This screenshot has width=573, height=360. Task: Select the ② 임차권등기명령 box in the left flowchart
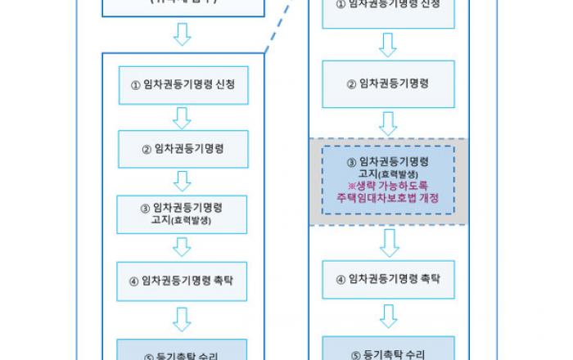pos(183,150)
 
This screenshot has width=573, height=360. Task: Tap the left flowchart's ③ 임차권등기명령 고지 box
pos(183,214)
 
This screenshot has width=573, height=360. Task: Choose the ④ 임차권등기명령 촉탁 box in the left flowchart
pos(183,279)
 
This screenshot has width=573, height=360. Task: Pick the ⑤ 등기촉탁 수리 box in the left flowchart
pos(183,349)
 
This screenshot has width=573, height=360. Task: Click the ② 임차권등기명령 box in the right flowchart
pos(388,83)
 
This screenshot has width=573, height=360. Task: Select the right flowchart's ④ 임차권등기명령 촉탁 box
pos(388,279)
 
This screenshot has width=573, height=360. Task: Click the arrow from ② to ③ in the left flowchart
pos(183,181)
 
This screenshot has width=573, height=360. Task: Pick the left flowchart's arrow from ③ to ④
pos(183,245)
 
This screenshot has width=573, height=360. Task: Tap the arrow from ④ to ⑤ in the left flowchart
pos(183,317)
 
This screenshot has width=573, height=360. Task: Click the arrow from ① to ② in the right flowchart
pos(388,46)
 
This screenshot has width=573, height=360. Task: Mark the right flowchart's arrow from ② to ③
pos(388,123)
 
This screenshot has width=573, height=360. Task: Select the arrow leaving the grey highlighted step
pos(388,242)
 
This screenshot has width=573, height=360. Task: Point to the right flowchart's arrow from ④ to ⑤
pos(388,316)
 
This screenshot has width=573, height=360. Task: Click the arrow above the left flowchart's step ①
pos(183,34)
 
